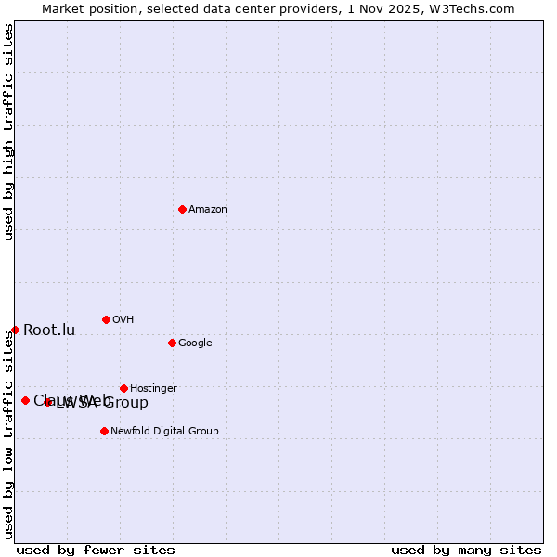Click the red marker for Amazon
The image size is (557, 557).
tap(182, 209)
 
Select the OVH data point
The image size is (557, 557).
tap(106, 319)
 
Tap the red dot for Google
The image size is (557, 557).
tap(172, 343)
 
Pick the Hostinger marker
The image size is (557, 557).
tap(123, 388)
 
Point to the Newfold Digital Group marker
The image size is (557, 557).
tap(104, 431)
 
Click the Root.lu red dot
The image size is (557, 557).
tap(15, 330)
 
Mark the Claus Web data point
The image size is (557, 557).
tap(25, 400)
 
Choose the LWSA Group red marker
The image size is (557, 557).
tap(47, 402)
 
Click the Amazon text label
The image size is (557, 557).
tap(208, 210)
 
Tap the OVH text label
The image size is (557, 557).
tap(123, 320)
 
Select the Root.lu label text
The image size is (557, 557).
tap(49, 330)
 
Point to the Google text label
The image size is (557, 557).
tap(195, 343)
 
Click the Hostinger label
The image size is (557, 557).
tap(153, 389)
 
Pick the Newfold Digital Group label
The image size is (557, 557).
tap(164, 432)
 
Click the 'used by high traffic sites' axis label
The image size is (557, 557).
tap(8, 132)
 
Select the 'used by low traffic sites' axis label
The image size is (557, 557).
tap(8, 434)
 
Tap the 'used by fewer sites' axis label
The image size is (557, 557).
tap(96, 551)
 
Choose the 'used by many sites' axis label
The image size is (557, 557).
tap(466, 551)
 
